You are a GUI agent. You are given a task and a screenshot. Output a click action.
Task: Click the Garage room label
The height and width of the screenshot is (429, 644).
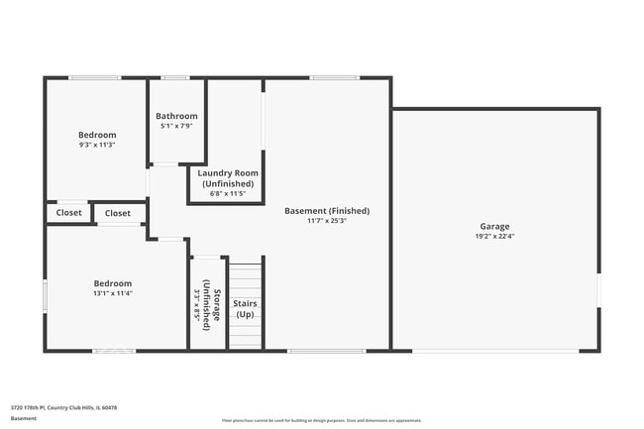pos(495,226)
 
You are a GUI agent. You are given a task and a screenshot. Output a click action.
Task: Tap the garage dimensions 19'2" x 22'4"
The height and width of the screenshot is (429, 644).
pos(495,237)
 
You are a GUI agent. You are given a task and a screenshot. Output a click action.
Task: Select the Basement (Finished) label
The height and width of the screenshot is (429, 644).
pos(326,210)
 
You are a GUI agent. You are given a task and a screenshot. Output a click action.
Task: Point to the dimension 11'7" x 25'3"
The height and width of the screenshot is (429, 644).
pos(326,221)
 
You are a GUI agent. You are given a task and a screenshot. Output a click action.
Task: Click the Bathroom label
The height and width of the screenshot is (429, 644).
pos(177,116)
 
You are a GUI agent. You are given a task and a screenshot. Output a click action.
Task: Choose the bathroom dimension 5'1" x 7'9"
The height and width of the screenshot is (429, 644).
pos(177,126)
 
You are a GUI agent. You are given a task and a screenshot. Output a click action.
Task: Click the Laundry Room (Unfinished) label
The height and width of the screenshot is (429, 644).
pos(228,178)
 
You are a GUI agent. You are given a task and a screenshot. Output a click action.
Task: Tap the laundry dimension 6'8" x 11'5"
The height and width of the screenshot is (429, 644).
pos(228,194)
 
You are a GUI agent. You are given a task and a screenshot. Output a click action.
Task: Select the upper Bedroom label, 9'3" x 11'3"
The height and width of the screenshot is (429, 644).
pos(97,135)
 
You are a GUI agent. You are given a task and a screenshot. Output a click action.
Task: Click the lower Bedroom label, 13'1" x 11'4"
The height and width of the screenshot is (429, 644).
pos(112,283)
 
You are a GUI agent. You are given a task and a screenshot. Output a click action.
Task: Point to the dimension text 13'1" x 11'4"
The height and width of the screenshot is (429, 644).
pos(112,293)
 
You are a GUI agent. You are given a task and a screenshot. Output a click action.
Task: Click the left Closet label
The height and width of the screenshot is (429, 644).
pos(69,213)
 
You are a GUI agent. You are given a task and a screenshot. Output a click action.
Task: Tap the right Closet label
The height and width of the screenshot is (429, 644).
pos(118,213)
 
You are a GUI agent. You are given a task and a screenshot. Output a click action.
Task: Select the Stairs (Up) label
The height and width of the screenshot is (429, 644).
pos(246,309)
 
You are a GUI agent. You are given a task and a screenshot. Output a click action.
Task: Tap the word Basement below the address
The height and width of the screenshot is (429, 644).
pos(24,419)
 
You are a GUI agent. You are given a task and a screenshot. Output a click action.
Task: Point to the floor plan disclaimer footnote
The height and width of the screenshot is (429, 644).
pos(321,420)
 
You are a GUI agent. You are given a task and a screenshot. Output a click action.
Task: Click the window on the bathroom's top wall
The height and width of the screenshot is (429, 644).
pos(175,77)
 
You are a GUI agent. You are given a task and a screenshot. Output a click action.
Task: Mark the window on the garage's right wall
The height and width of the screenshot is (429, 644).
pos(598,288)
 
